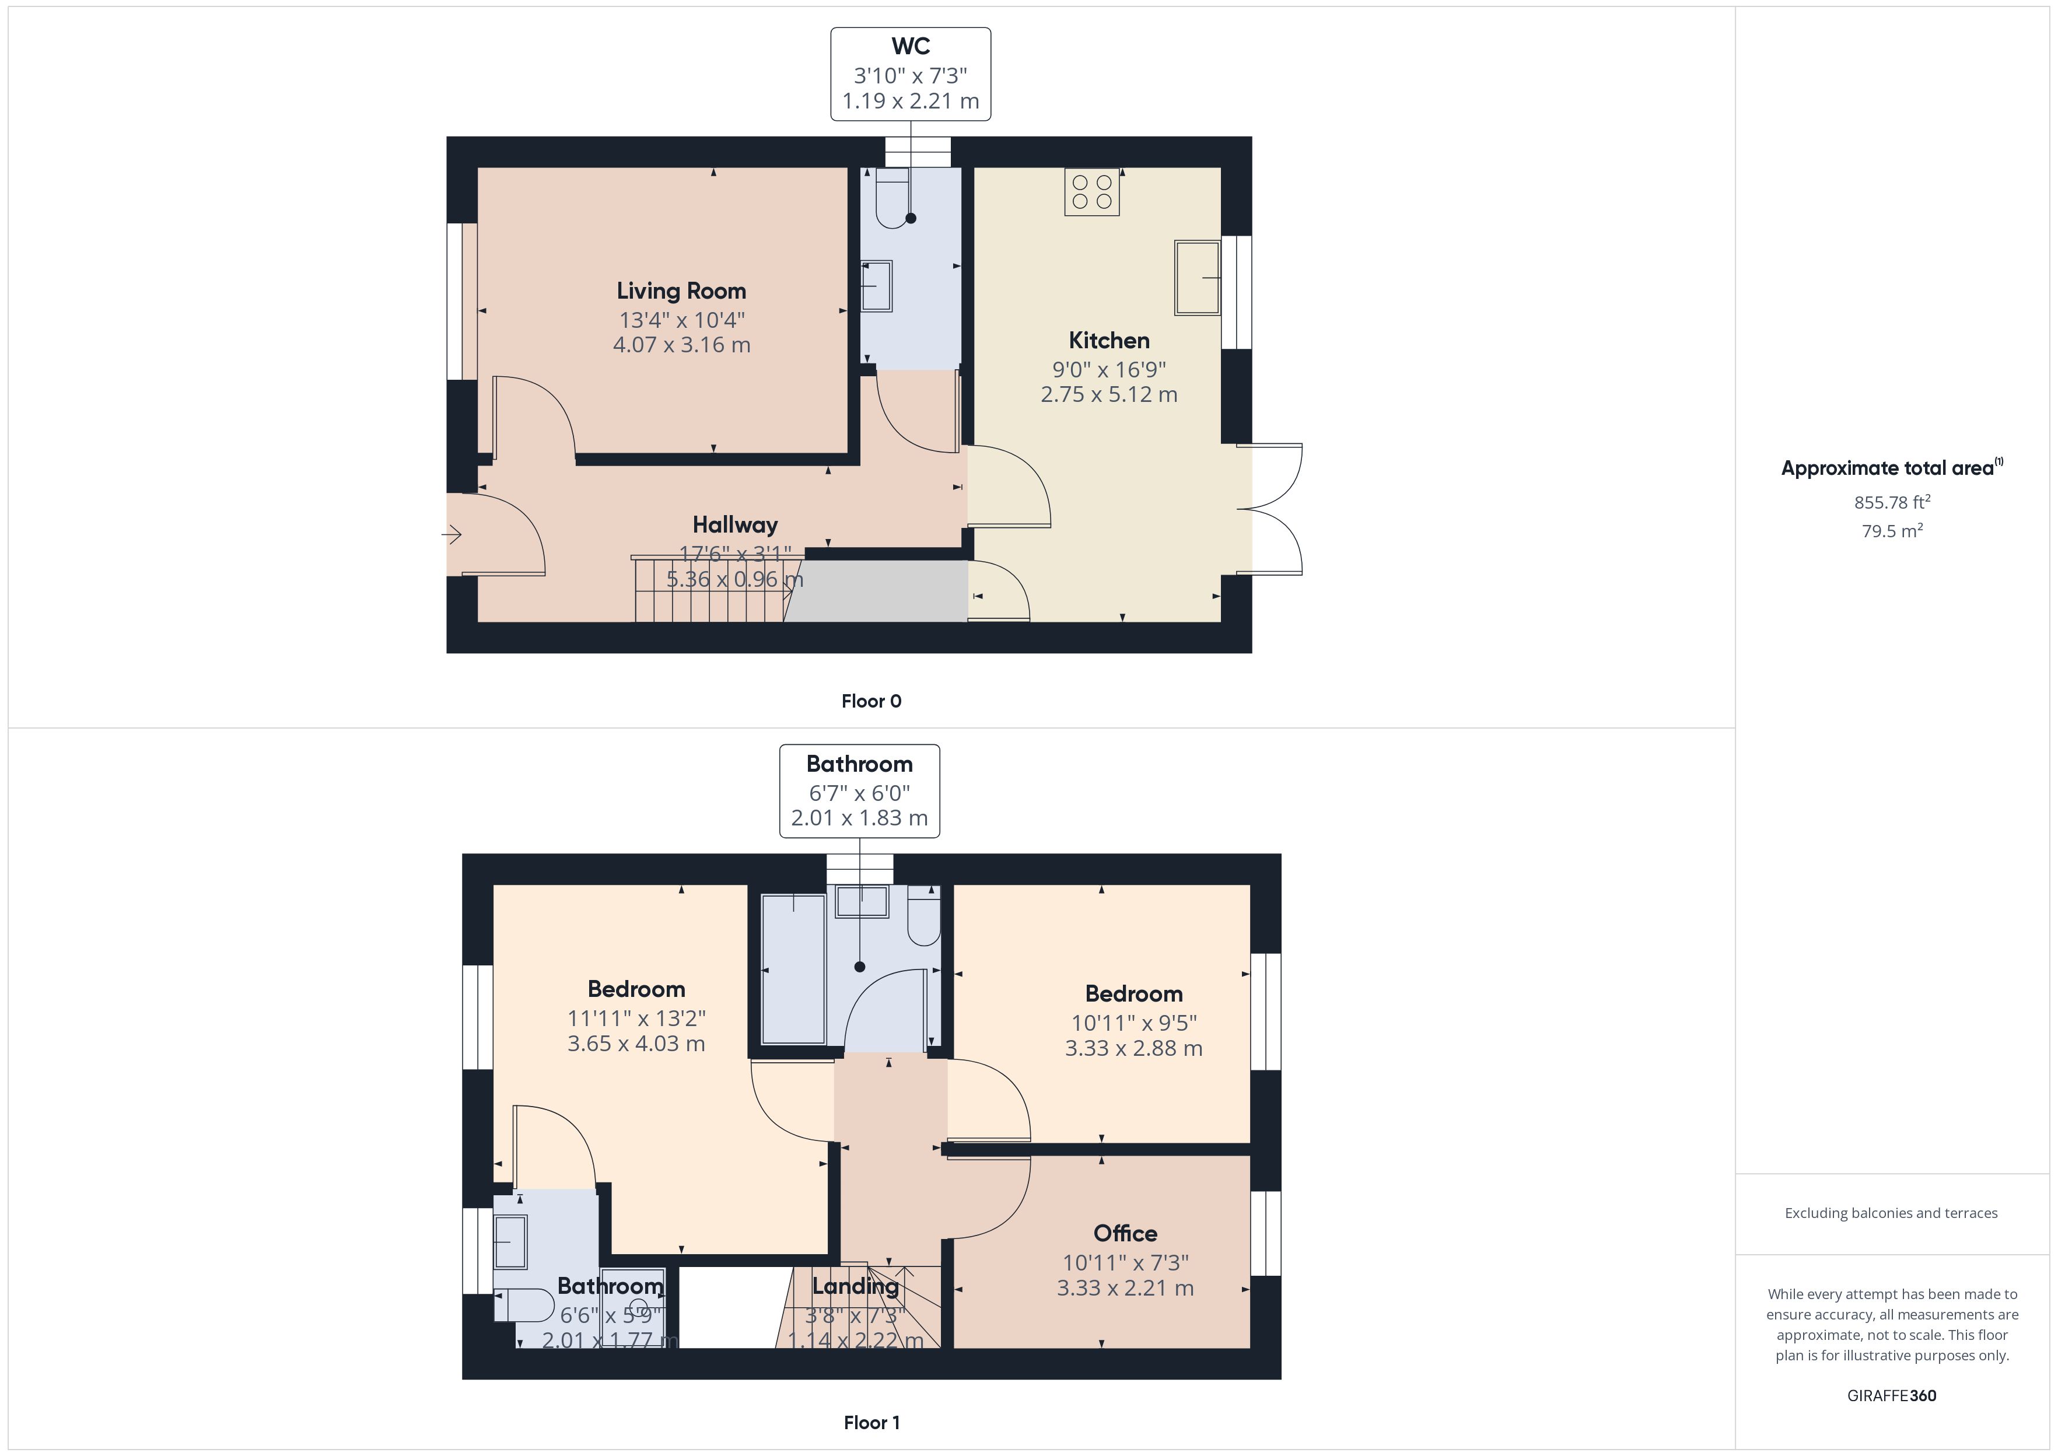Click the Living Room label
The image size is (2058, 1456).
[681, 292]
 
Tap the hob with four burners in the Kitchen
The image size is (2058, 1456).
[1092, 192]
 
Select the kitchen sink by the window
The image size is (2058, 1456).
[1198, 278]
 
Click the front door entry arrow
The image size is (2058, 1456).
[451, 535]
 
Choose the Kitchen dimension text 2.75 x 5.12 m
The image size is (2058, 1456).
[1109, 394]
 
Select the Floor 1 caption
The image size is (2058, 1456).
[871, 1422]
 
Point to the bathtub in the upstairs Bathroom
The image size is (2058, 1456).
[793, 969]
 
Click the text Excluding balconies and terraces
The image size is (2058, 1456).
[1891, 1213]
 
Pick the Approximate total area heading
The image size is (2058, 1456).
[1891, 467]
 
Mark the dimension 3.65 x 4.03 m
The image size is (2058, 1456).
[636, 1044]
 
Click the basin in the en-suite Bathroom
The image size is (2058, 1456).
[510, 1242]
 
